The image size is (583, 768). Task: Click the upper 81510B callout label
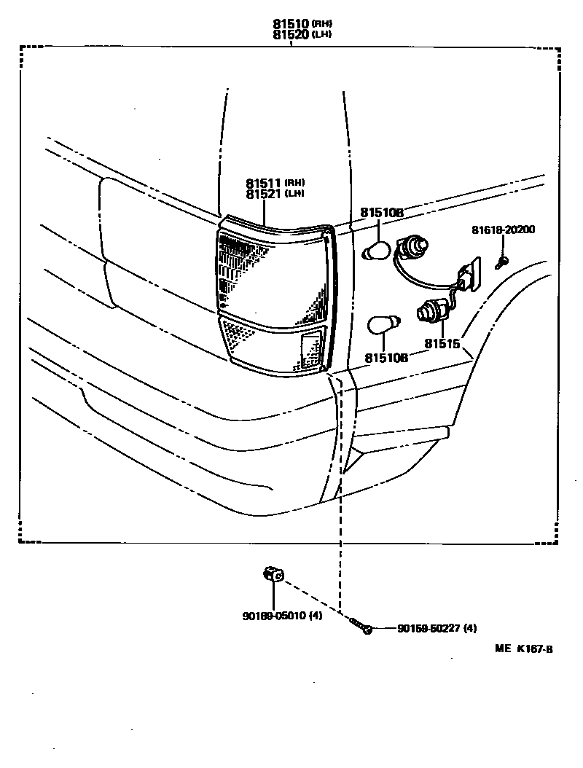point(381,212)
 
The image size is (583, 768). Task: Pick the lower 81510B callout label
point(386,358)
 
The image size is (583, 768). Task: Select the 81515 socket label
point(443,343)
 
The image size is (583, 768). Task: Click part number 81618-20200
point(503,230)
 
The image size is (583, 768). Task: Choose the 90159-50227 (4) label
point(437,629)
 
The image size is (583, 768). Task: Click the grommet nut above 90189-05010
point(273,576)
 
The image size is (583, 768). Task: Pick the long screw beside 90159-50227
point(361,625)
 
